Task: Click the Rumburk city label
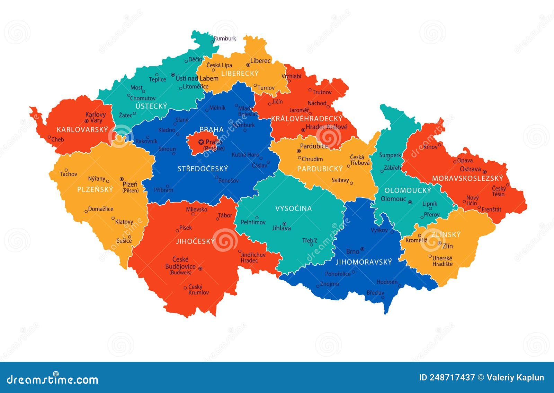[x=225, y=39]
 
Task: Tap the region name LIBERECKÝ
[x=240, y=74]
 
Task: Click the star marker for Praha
[x=201, y=142]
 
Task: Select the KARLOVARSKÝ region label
[x=82, y=130]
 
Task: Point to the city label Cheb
[x=57, y=139]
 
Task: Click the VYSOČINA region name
[x=293, y=208]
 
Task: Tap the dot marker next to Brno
[x=362, y=249]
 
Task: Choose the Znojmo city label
[x=329, y=284]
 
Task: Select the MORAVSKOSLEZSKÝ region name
[x=467, y=178]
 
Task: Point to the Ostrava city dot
[x=485, y=172]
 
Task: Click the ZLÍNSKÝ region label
[x=446, y=234]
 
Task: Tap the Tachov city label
[x=68, y=174]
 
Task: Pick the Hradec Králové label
[x=326, y=127]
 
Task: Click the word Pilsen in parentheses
[x=131, y=190]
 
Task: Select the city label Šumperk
[x=390, y=155]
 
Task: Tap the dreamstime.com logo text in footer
[x=53, y=379]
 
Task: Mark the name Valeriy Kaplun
[x=515, y=378]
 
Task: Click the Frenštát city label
[x=491, y=209]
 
